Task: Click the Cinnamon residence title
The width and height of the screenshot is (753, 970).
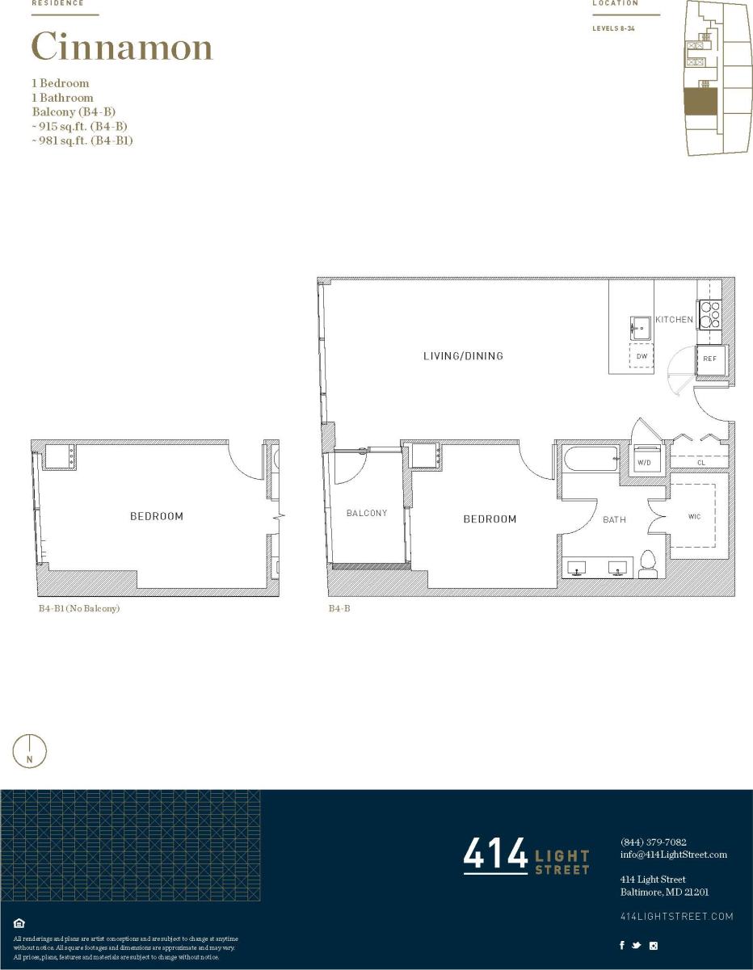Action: click(122, 48)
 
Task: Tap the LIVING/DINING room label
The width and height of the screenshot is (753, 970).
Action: click(463, 356)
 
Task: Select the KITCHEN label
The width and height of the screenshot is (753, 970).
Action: click(674, 320)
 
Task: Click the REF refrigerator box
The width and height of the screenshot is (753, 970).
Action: click(709, 359)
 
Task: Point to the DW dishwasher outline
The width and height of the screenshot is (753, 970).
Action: click(642, 356)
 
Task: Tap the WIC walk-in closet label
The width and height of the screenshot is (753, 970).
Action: click(694, 517)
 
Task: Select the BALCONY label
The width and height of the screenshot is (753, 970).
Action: click(367, 514)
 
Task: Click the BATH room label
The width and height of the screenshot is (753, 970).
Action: click(614, 520)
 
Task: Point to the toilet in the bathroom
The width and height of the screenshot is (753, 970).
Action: click(648, 564)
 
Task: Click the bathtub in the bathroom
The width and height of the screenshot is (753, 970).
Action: click(590, 460)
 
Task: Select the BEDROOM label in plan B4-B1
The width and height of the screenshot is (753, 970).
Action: click(157, 516)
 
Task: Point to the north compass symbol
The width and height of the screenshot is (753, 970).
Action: click(30, 751)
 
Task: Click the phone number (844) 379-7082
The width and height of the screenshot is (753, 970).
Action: click(653, 842)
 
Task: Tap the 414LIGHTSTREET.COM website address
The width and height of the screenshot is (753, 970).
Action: click(676, 916)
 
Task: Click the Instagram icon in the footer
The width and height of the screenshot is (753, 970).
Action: click(654, 945)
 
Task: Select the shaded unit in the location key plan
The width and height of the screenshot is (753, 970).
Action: click(700, 103)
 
